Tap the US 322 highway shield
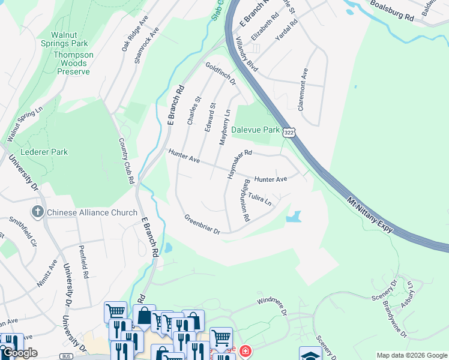coord(289,131)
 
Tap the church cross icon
coord(37,212)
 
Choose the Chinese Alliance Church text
coord(92,212)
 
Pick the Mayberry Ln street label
coord(227,125)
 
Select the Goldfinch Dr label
coord(220,73)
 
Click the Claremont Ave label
coord(304,89)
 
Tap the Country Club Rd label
coord(126,160)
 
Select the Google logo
coord(20,353)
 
